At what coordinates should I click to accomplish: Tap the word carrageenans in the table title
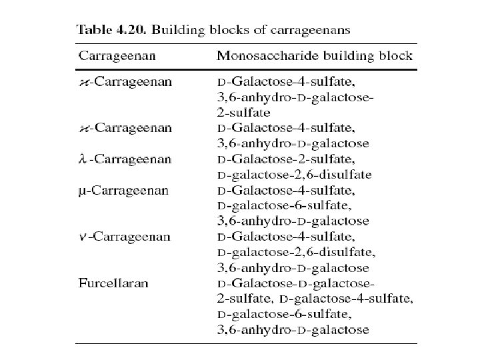314,30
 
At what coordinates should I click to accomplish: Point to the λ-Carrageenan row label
123,159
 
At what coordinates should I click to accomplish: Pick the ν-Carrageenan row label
123,237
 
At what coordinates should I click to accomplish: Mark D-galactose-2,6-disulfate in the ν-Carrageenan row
297,253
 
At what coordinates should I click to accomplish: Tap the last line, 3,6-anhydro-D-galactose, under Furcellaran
293,329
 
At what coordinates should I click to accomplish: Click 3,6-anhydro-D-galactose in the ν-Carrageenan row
293,268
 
